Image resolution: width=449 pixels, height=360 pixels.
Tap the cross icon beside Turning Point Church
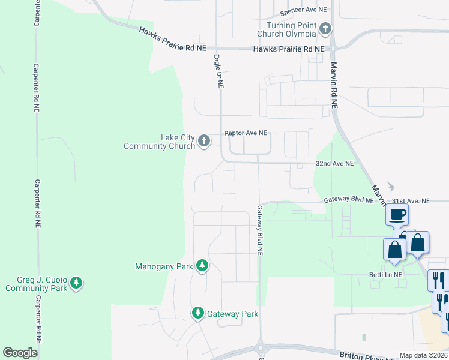coord(325,28)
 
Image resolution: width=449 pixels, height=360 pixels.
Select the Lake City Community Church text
coord(160,142)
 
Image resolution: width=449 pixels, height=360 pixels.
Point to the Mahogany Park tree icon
coord(203,265)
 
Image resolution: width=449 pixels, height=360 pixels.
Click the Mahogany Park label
coord(164,266)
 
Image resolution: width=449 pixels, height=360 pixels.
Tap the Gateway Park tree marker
coord(198,313)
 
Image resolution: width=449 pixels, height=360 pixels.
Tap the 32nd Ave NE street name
coord(335,163)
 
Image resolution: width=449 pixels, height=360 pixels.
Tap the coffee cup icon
coord(398,214)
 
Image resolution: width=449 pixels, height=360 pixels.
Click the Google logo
coord(20,353)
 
